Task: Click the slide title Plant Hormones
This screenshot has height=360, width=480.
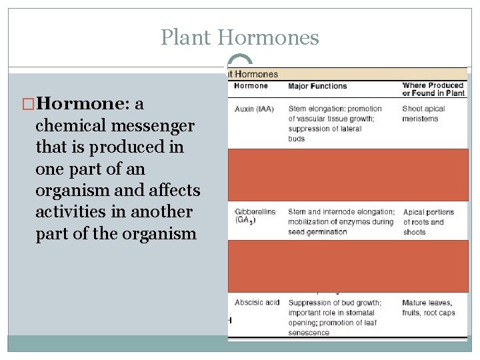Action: pos(240,37)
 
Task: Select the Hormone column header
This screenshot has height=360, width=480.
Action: pos(251,85)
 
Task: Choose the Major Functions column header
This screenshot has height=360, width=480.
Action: pos(317,86)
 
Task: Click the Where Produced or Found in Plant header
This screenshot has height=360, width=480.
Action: pos(433,89)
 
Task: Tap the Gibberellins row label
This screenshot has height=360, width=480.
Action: pos(256,215)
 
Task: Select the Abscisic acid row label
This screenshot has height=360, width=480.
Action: pos(257,303)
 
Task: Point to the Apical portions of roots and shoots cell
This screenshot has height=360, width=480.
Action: pos(428,222)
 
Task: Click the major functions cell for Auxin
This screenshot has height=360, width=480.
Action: pos(335,123)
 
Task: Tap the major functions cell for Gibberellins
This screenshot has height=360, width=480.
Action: pos(341,222)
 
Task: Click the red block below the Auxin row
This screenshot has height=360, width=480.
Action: pos(347,175)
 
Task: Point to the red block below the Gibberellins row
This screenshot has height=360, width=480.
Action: pos(347,266)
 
